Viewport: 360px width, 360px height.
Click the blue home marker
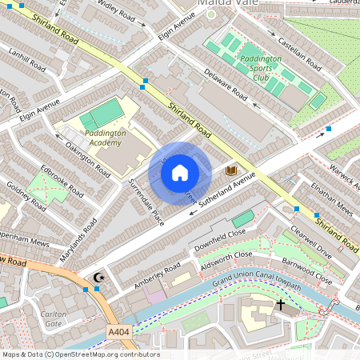[180, 173]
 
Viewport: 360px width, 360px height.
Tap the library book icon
[231, 170]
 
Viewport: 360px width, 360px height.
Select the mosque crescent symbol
[99, 278]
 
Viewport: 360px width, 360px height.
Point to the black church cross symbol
[281, 304]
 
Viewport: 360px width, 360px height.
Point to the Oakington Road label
[88, 158]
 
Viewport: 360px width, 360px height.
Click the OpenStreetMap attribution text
[80, 354]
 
